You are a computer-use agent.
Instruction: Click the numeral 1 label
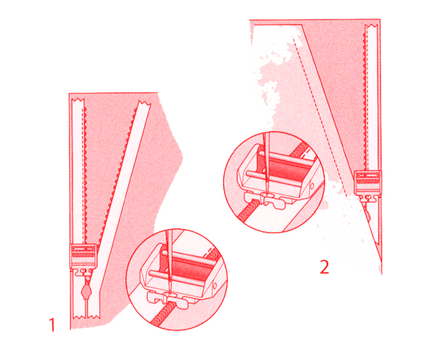click(52, 325)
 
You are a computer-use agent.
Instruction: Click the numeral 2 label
click(324, 266)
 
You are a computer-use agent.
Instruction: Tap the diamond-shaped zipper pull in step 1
click(86, 290)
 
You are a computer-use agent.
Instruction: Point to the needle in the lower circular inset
click(168, 259)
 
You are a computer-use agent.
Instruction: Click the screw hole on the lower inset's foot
click(215, 286)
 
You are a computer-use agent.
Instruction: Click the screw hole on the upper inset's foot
click(312, 186)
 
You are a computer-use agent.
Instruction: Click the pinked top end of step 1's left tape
click(78, 99)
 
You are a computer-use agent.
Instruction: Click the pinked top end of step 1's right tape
click(144, 104)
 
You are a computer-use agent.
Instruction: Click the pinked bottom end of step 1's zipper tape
click(86, 317)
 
